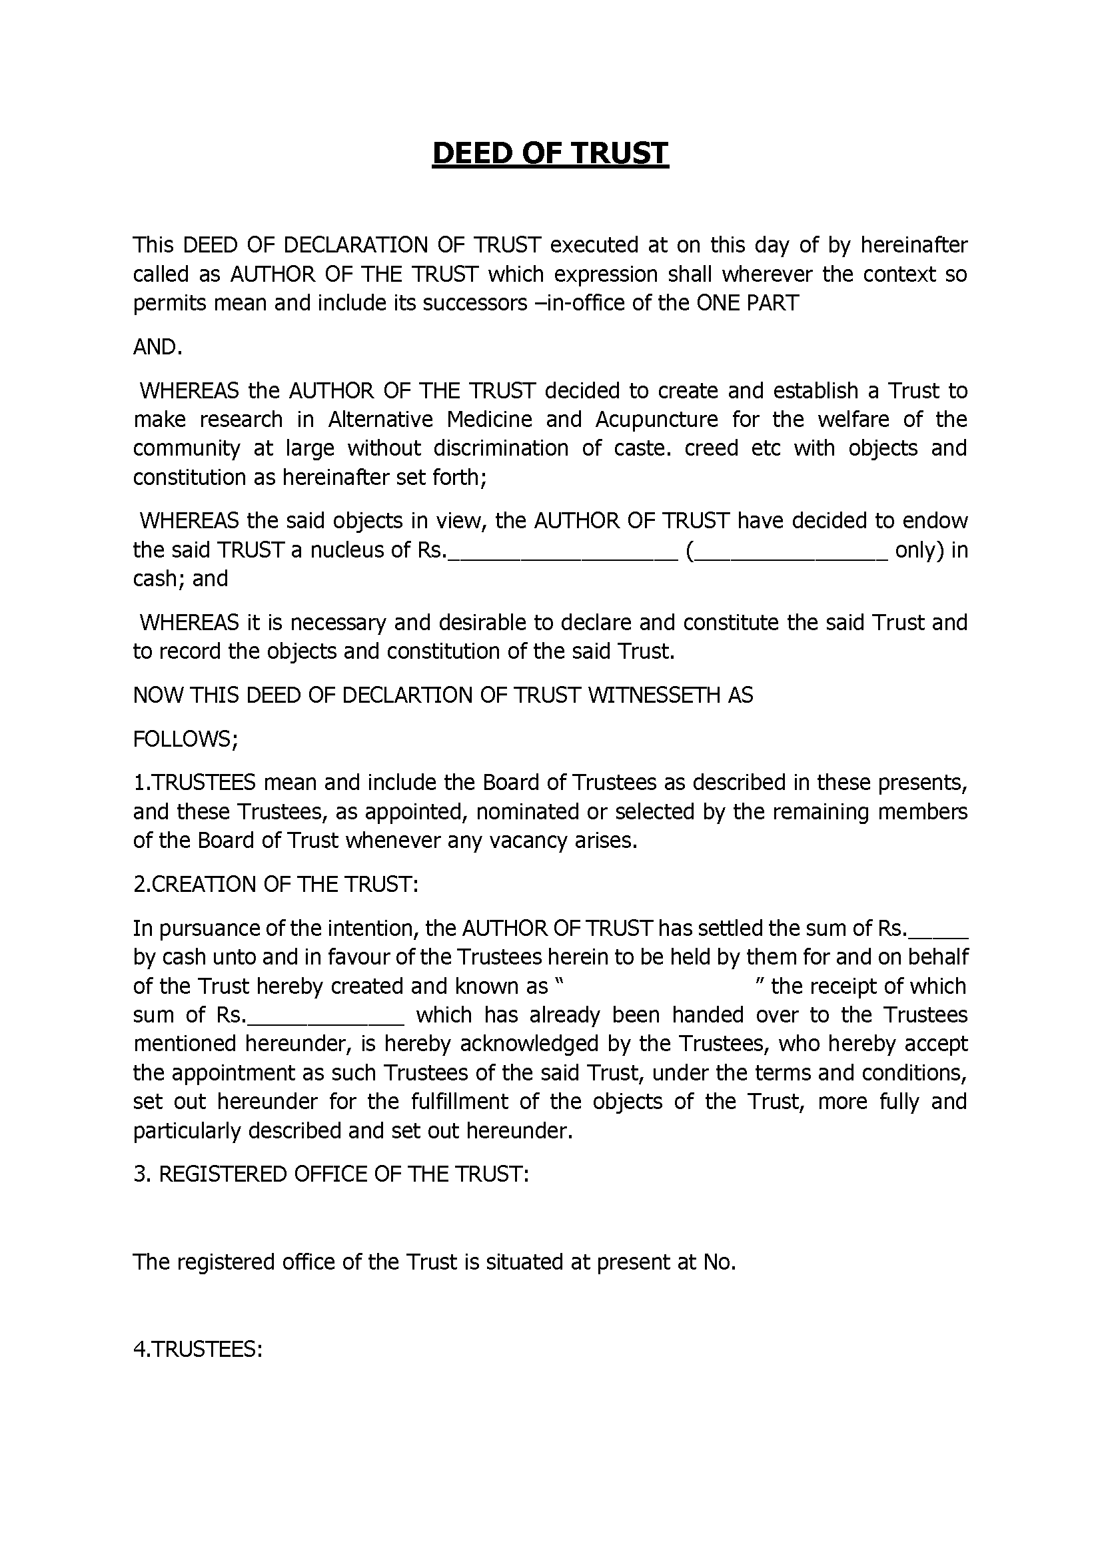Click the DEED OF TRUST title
550,153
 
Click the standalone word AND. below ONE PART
157,347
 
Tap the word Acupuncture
656,420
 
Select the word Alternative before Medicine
380,420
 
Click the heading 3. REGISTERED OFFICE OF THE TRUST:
330,1174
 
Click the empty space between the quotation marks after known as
659,986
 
